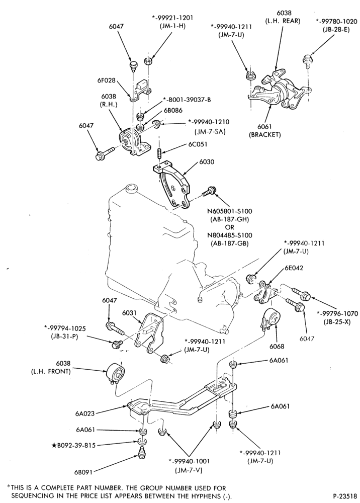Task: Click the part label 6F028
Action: [x=107, y=81]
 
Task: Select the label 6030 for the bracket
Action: [x=207, y=162]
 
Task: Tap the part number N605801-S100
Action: [x=230, y=211]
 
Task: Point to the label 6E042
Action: [x=293, y=268]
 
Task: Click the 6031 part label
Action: [x=130, y=312]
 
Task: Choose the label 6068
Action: [x=277, y=347]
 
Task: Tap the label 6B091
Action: [x=83, y=472]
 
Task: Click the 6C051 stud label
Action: [x=198, y=144]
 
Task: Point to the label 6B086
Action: [x=173, y=110]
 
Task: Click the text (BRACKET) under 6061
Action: [x=265, y=135]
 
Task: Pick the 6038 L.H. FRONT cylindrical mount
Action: [x=116, y=374]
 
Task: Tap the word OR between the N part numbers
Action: [x=230, y=227]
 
